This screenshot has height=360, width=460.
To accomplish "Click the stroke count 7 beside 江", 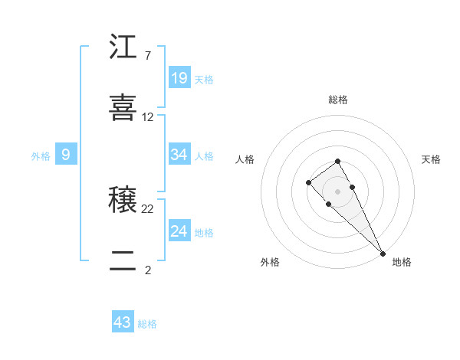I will (x=147, y=56).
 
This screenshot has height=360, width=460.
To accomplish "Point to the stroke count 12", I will (x=148, y=117).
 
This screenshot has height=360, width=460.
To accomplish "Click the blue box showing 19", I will (x=179, y=77).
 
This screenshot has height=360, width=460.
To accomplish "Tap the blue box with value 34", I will (x=179, y=155).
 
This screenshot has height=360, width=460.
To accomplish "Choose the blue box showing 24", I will (x=179, y=231).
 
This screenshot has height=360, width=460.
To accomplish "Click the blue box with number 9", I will (x=66, y=155).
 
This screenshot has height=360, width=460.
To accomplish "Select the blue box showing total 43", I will (x=123, y=322).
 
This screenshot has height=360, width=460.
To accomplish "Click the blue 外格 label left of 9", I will (x=41, y=156).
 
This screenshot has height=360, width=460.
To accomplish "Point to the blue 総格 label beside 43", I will (x=147, y=324).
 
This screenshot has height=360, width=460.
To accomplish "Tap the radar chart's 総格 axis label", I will (x=338, y=100).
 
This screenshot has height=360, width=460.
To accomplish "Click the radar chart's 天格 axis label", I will (x=432, y=159).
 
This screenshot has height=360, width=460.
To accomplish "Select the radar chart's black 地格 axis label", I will (x=402, y=262).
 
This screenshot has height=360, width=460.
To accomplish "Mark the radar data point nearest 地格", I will (x=383, y=253).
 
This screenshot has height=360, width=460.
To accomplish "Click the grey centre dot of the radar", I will (x=337, y=191).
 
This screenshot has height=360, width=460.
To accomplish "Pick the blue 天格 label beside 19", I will (x=204, y=79).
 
